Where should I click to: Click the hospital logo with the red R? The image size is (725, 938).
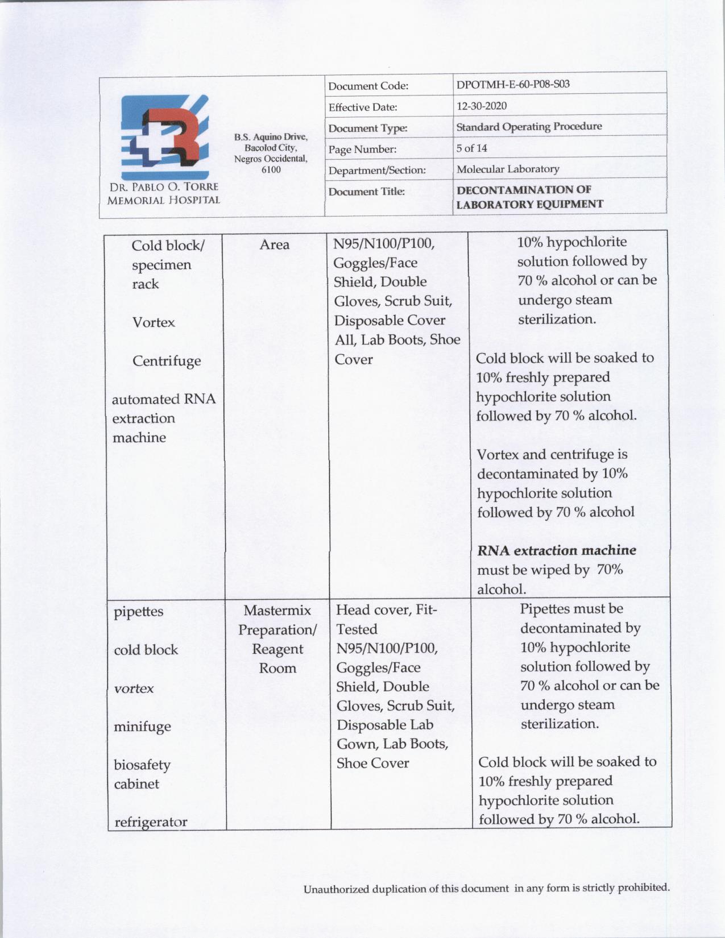(x=164, y=138)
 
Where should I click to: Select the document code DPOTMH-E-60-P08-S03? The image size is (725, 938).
(x=513, y=85)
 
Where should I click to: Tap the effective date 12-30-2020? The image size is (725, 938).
(x=482, y=106)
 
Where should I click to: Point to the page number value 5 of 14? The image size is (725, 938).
(x=471, y=148)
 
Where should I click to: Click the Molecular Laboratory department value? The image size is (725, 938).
(x=508, y=169)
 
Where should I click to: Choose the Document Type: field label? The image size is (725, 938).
(x=368, y=128)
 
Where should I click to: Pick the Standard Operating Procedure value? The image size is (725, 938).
(x=529, y=127)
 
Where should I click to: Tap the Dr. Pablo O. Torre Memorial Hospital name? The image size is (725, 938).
(x=163, y=193)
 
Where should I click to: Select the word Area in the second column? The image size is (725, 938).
(x=275, y=245)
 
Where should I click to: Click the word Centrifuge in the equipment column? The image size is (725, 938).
(x=167, y=361)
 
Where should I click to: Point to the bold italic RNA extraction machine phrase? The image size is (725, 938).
(x=557, y=550)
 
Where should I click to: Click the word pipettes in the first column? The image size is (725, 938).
(x=138, y=612)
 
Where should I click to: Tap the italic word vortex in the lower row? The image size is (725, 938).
(x=134, y=688)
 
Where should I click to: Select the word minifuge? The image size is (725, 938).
(x=142, y=727)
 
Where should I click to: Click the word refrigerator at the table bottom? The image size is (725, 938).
(x=151, y=822)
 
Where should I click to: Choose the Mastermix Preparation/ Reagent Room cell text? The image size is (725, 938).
(x=277, y=639)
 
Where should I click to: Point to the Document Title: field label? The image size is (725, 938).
(x=367, y=192)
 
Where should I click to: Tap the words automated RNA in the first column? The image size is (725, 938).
(x=164, y=399)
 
